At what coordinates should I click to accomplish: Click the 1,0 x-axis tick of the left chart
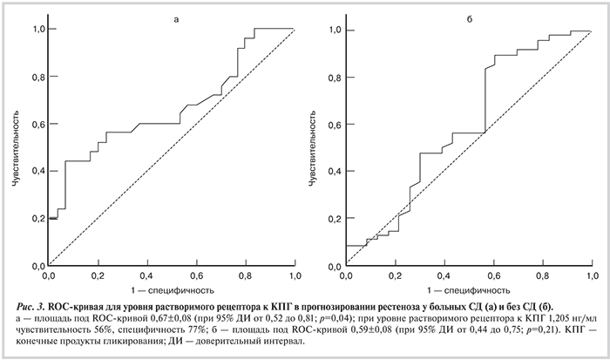(295, 275)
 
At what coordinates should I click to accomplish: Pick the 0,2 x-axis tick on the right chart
(395, 275)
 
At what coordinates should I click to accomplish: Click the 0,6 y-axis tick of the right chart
(331, 124)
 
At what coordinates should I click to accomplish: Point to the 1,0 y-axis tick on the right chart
(331, 30)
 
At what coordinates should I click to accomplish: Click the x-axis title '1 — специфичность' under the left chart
(173, 289)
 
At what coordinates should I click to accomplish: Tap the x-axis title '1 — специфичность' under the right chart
(469, 289)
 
